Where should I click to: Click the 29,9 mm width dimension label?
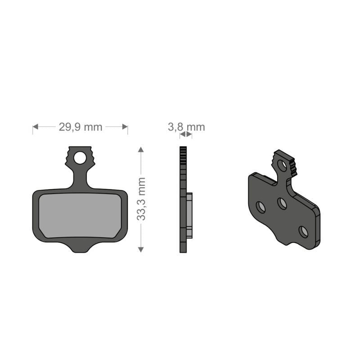click(x=80, y=127)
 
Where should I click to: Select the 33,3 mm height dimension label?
click(x=141, y=198)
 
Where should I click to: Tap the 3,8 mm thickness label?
click(x=186, y=127)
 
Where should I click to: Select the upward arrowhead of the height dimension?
click(x=141, y=149)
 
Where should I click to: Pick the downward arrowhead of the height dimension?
click(x=141, y=248)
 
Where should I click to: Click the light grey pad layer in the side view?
click(x=189, y=215)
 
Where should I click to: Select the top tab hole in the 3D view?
click(x=282, y=166)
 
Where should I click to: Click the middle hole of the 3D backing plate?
click(x=282, y=203)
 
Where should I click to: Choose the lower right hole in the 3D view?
click(x=304, y=231)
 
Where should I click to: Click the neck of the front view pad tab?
click(x=80, y=178)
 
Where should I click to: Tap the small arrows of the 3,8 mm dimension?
click(x=185, y=135)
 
